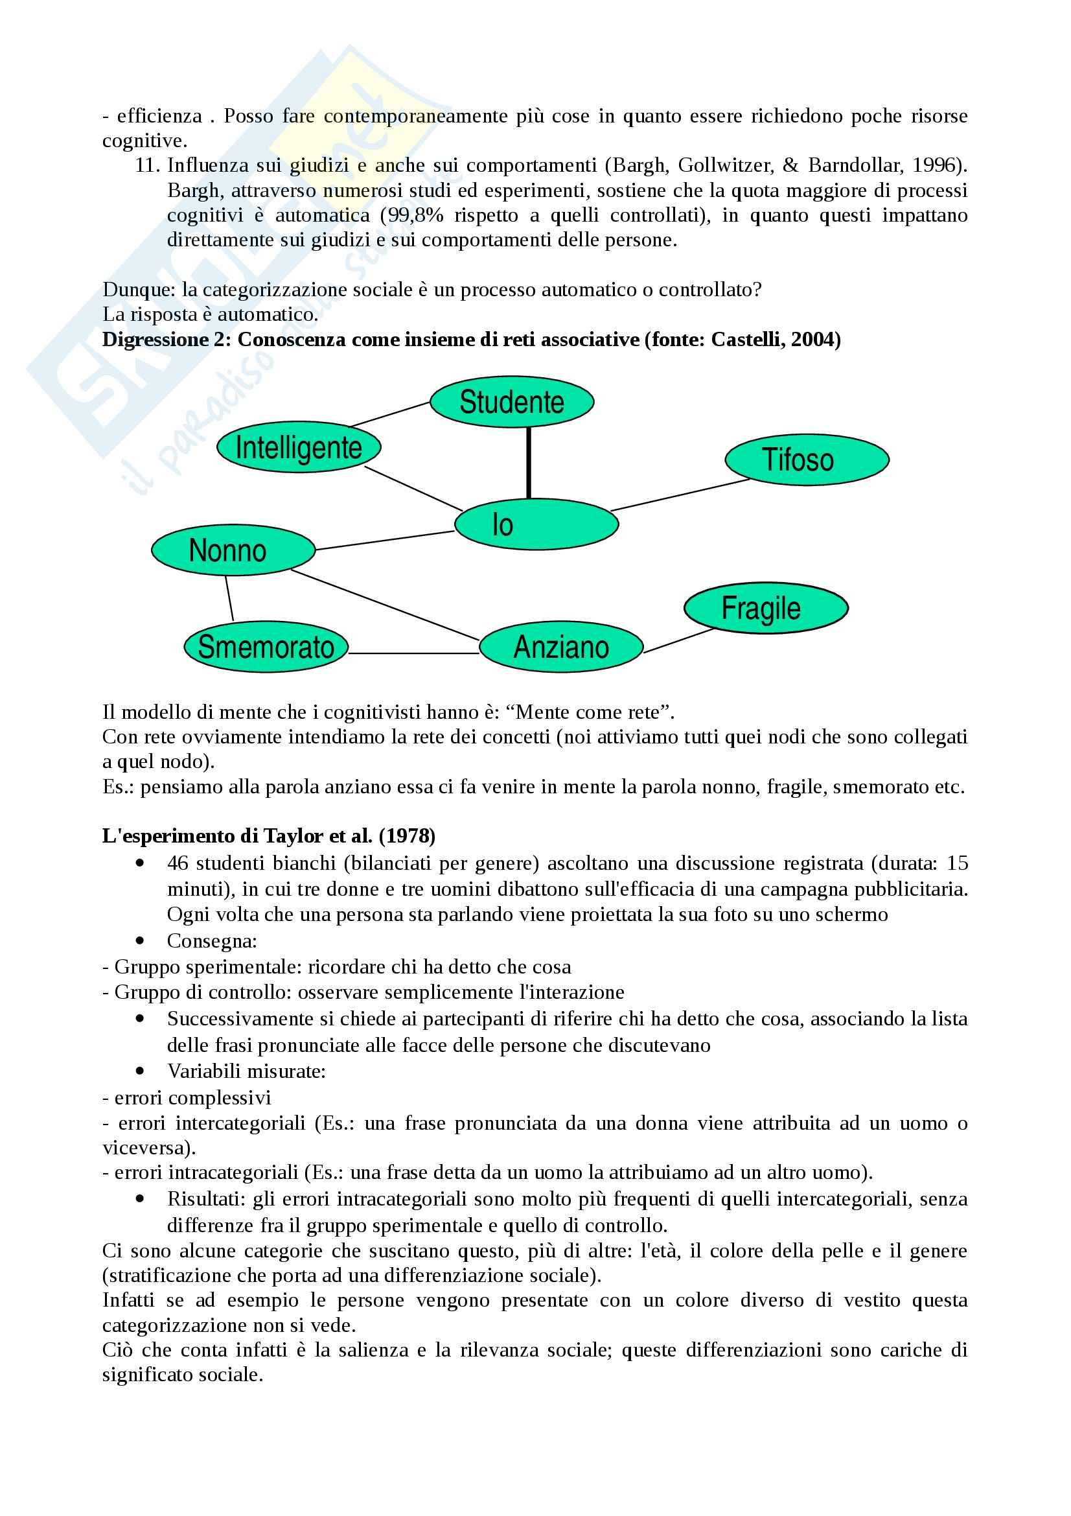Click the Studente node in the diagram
[x=511, y=402]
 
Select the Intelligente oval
[x=299, y=449]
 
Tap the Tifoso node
[x=807, y=460]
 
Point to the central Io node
[x=536, y=525]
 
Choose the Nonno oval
[x=233, y=551]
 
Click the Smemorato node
[x=265, y=647]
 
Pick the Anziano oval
[x=560, y=647]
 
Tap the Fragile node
[x=765, y=608]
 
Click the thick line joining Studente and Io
[x=528, y=463]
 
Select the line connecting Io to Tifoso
[x=680, y=495]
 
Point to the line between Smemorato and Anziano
[x=413, y=653]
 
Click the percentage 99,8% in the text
[x=404, y=215]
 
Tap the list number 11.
[x=146, y=165]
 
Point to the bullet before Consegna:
[x=139, y=940]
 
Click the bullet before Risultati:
[x=139, y=1198]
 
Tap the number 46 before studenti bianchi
[x=178, y=863]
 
